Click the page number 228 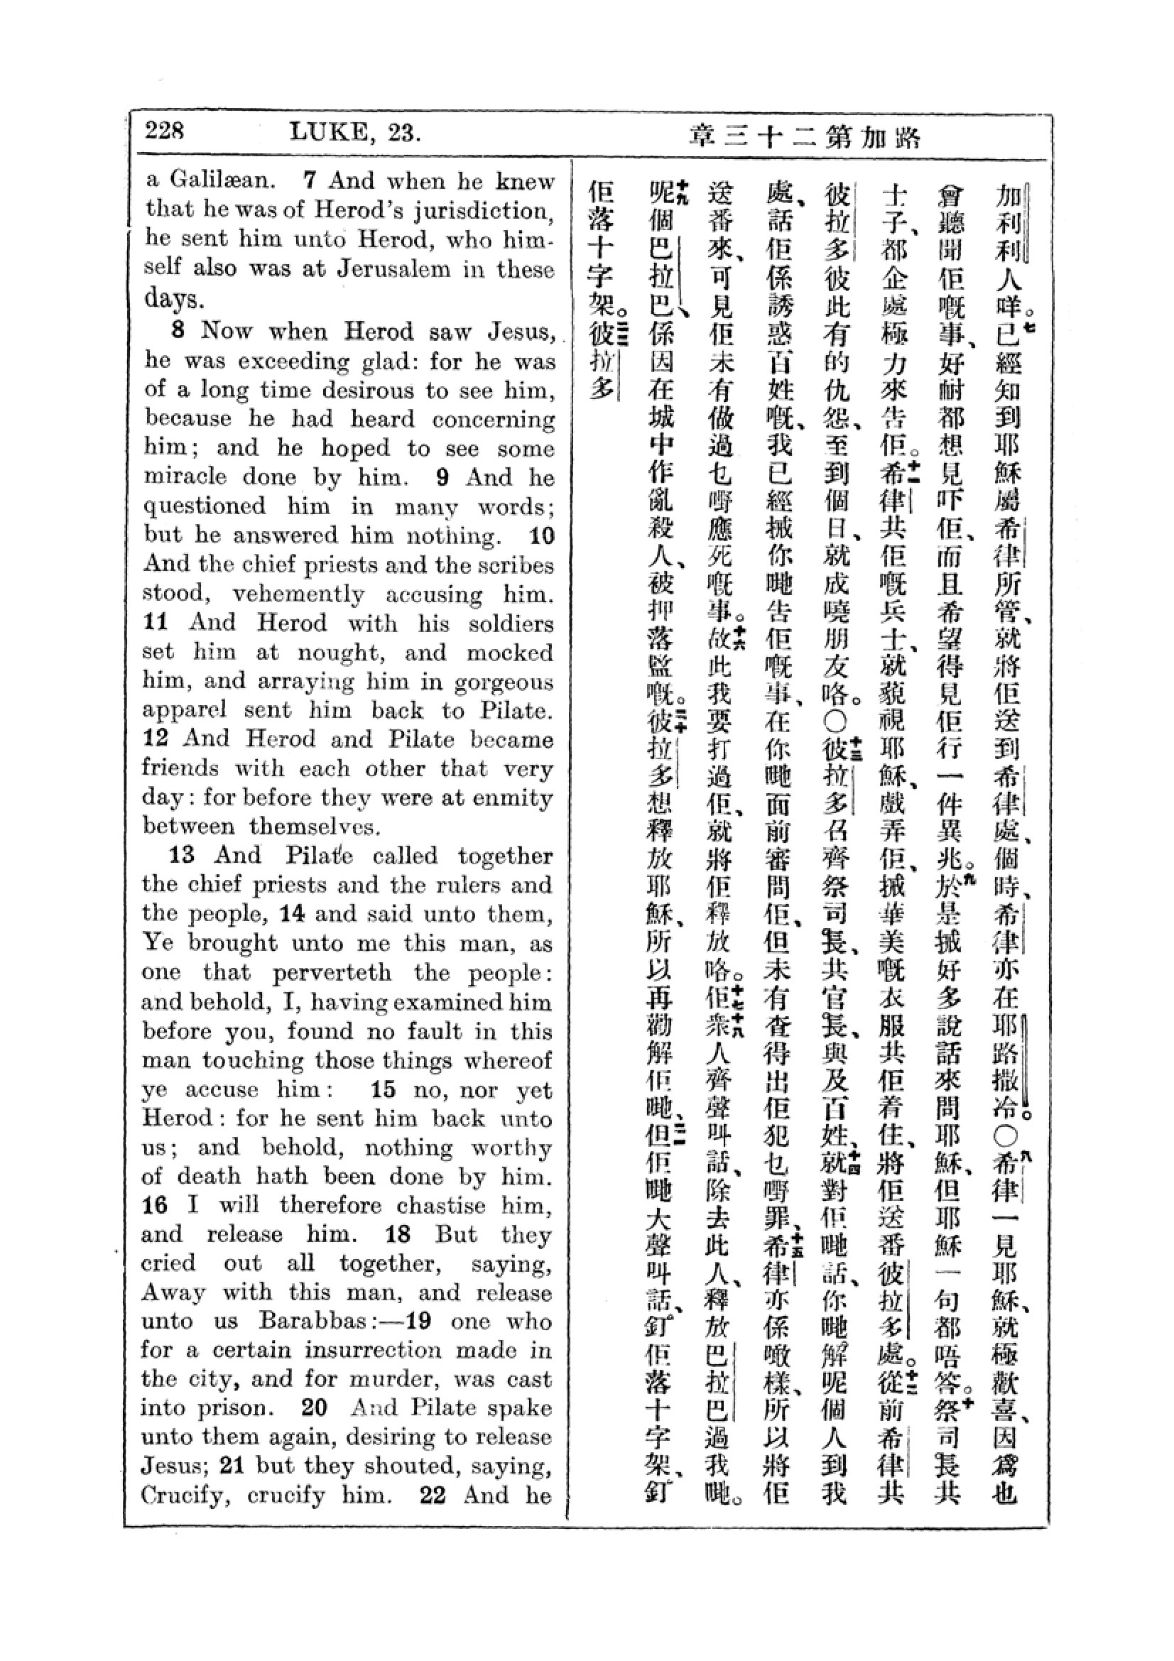coord(164,131)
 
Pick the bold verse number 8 coord(178,331)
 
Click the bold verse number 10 coord(542,536)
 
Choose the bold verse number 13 coord(182,856)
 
